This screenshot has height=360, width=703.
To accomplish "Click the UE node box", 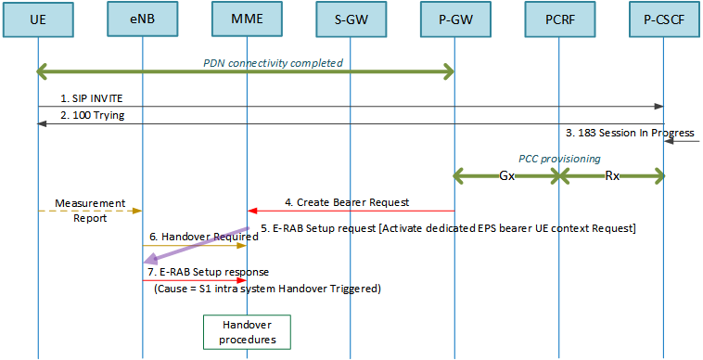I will click(38, 19).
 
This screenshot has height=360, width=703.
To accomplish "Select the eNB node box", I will click(142, 19).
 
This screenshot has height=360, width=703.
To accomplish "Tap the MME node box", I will click(247, 19).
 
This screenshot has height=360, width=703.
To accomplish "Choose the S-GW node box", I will click(351, 19).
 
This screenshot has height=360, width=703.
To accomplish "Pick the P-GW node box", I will click(454, 19).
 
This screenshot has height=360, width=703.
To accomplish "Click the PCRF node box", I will click(559, 19).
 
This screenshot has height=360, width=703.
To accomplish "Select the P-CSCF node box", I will click(663, 19).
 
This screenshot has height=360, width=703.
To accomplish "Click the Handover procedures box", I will click(247, 332).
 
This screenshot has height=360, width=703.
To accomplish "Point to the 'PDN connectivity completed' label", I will click(273, 63).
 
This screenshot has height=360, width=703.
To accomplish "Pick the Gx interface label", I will click(507, 174).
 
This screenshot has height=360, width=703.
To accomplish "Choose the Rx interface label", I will click(611, 174).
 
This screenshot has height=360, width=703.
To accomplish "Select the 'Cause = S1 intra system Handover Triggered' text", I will click(270, 289).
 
